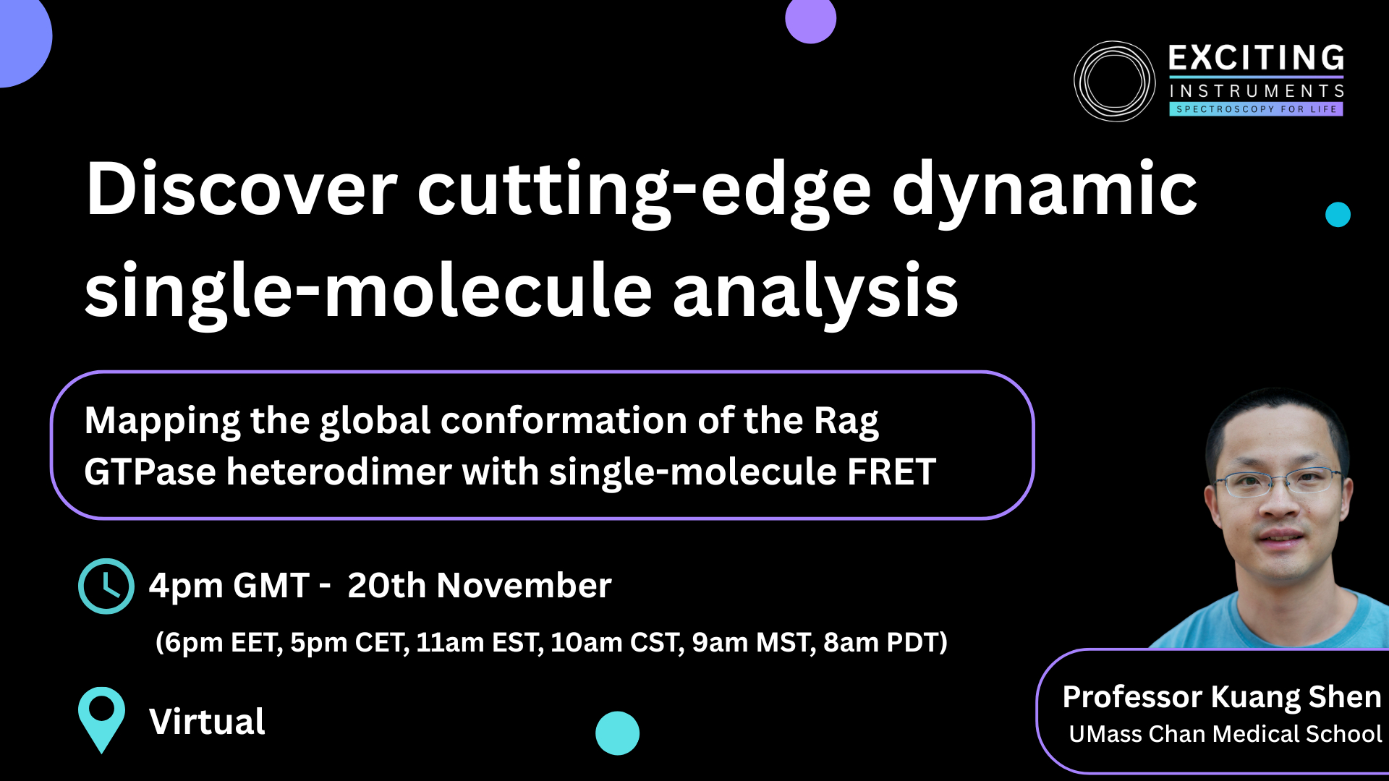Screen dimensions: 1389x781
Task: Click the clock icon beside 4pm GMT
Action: click(x=106, y=586)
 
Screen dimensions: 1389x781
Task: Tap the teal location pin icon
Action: click(x=101, y=720)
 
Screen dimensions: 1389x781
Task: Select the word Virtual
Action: click(x=207, y=722)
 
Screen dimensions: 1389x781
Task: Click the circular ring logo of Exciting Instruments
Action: click(x=1114, y=81)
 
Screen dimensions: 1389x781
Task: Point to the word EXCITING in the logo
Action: click(x=1257, y=58)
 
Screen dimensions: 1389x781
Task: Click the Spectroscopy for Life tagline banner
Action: click(x=1256, y=109)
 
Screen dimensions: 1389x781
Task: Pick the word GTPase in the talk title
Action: click(x=150, y=471)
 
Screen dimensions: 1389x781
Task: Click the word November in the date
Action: click(x=524, y=585)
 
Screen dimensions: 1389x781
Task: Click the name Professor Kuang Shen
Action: click(x=1222, y=697)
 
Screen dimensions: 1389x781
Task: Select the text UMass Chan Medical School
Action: click(x=1226, y=734)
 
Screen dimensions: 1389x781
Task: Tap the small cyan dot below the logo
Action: click(x=1338, y=215)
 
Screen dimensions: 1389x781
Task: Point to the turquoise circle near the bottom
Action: click(x=617, y=733)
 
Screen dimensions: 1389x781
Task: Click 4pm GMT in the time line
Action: click(x=229, y=586)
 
